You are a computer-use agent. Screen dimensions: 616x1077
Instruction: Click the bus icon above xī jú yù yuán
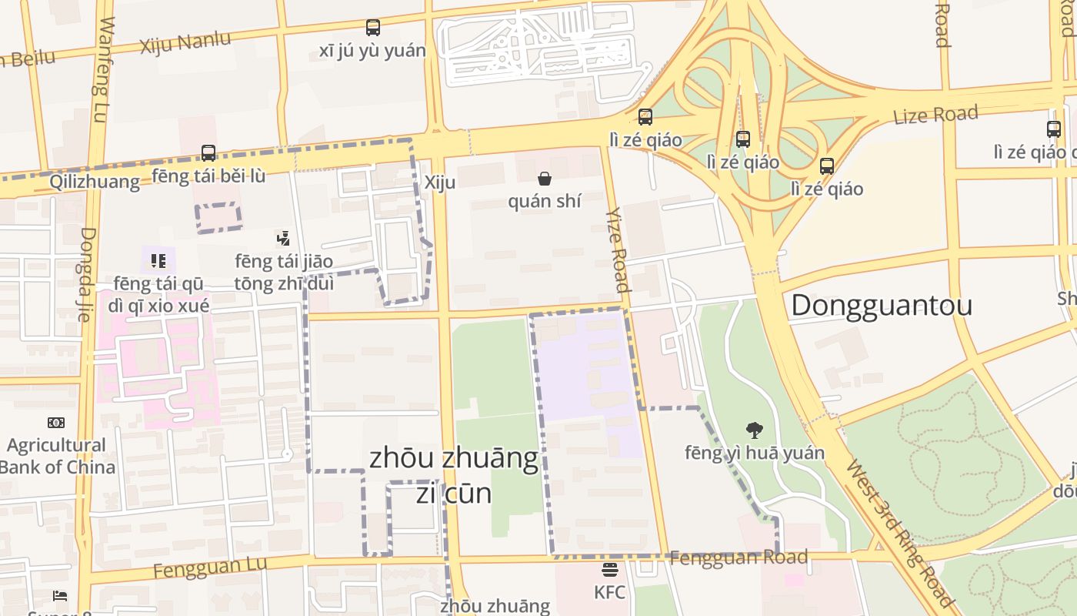click(373, 28)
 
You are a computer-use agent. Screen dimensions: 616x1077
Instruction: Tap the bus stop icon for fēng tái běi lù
click(208, 152)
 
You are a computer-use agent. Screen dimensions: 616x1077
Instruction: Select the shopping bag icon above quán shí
click(545, 179)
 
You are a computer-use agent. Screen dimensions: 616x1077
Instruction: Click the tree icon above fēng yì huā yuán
click(755, 430)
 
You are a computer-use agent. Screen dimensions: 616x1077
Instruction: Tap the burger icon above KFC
click(610, 571)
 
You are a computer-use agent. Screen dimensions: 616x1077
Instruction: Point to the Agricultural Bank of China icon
click(56, 422)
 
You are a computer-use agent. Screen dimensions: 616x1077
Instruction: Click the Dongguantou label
click(882, 305)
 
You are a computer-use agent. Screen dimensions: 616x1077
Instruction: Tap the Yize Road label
click(618, 249)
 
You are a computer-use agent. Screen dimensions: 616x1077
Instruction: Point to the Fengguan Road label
click(739, 557)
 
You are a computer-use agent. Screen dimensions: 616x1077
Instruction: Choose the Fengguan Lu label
click(209, 567)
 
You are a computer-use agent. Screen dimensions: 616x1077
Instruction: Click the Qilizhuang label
click(95, 182)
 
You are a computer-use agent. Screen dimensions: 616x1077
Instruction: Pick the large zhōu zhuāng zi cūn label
click(454, 474)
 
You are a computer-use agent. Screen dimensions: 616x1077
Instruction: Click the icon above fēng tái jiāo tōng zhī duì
click(284, 238)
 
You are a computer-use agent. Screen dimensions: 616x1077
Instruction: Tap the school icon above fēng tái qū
click(158, 260)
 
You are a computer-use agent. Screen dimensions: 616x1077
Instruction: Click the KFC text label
click(609, 592)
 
